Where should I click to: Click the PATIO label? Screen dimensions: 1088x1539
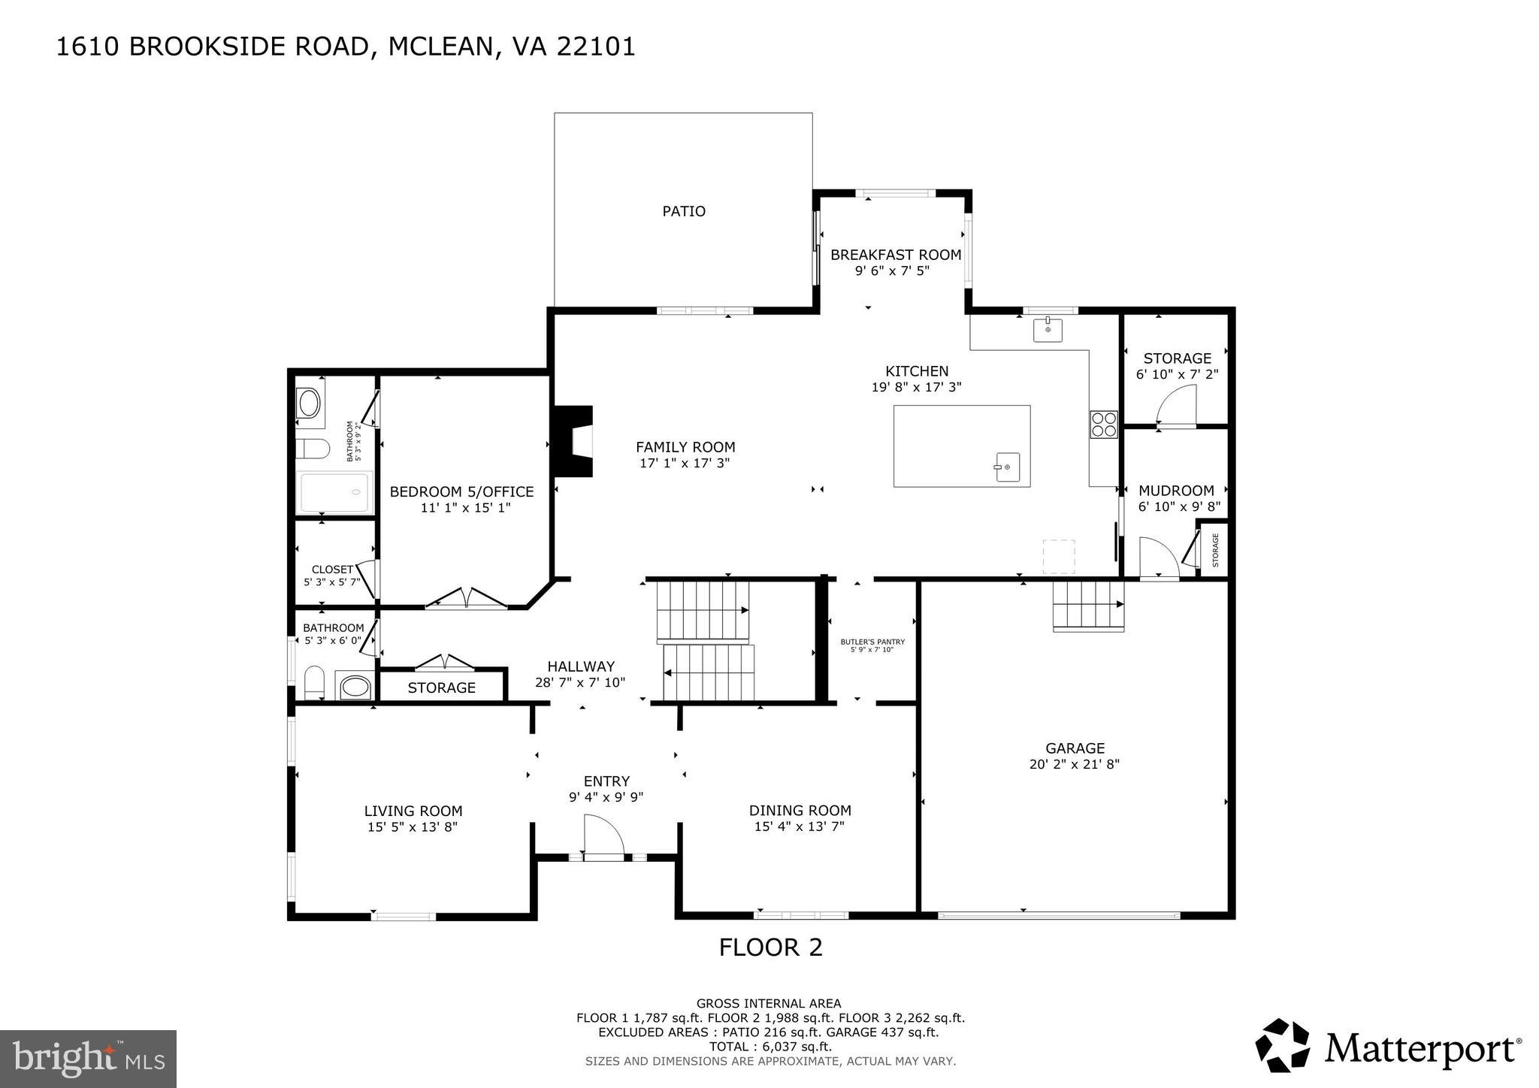[x=683, y=212]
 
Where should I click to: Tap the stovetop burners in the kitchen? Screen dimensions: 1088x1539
[x=1104, y=425]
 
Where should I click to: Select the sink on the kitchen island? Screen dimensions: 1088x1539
[x=1006, y=467]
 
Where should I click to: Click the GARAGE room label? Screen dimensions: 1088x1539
[x=1075, y=748]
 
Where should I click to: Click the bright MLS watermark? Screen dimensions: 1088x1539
[x=88, y=1059]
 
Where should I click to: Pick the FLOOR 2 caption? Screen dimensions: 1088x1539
[x=770, y=947]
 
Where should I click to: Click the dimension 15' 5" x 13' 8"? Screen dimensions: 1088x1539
[x=413, y=827]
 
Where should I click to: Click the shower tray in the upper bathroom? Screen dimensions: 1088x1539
[x=335, y=492]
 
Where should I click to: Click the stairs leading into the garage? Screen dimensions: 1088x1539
[x=1087, y=605]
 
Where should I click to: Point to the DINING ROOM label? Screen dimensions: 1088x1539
[x=800, y=811]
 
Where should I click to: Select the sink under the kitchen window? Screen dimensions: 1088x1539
[x=1048, y=329]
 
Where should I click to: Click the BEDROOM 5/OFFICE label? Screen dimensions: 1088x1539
[x=461, y=492]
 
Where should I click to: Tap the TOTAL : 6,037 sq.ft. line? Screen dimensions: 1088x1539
[x=770, y=1047]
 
